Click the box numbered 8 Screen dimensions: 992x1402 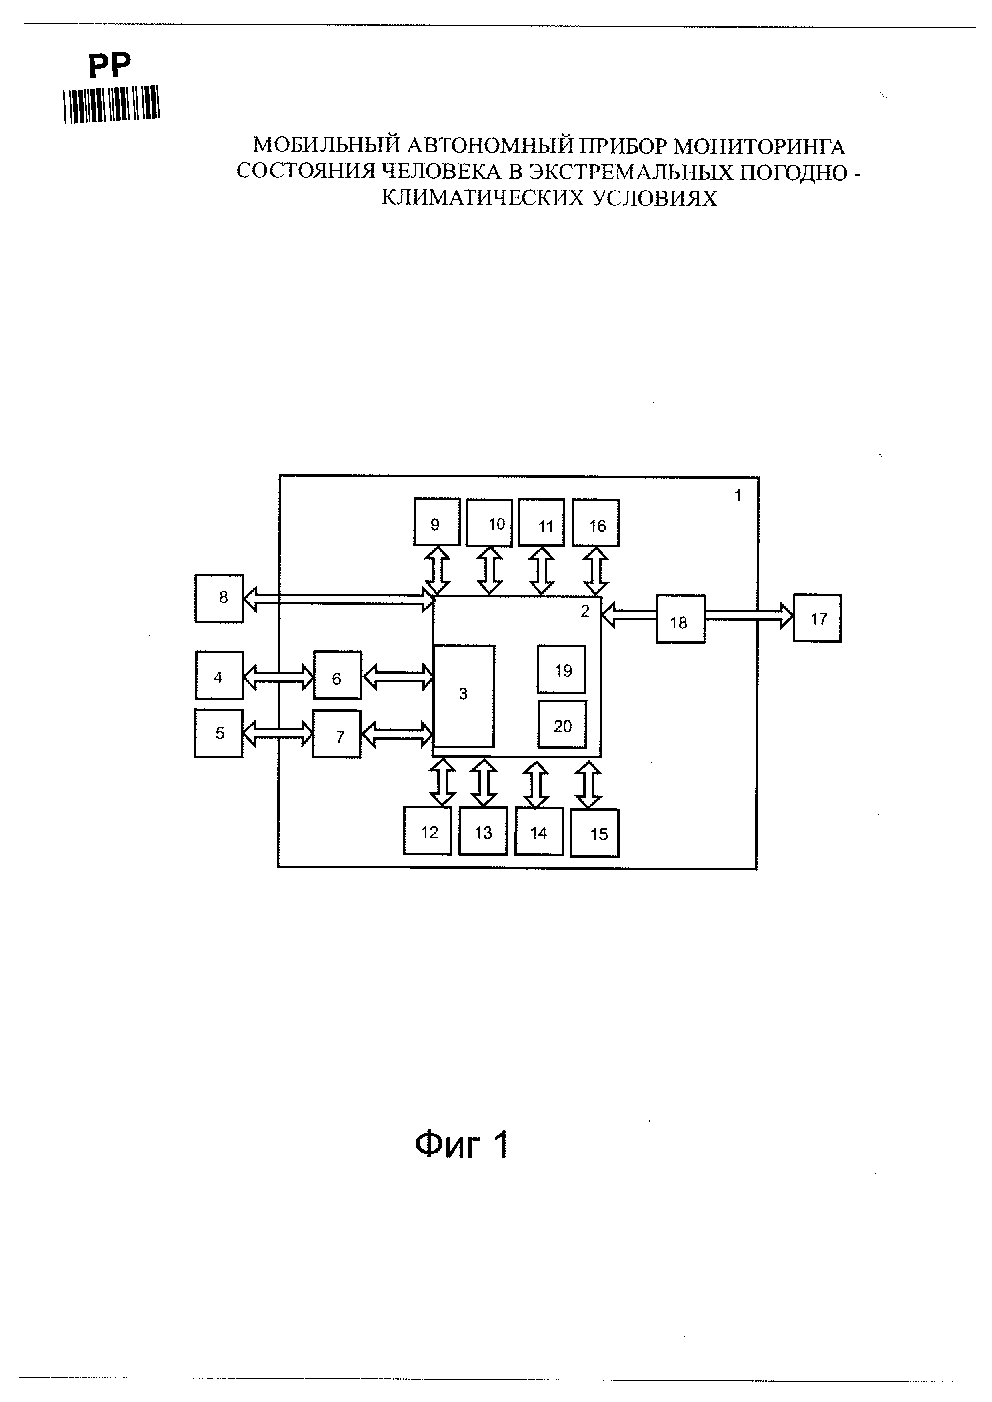219,598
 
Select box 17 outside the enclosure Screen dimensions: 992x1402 817,618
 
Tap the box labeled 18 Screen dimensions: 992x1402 680,619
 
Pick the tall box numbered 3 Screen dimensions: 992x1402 464,696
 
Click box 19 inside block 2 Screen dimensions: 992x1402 561,669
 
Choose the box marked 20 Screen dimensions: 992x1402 562,724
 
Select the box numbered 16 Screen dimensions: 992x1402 596,523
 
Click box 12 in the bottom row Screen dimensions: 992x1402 428,830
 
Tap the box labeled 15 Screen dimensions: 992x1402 594,833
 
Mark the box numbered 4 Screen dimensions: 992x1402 219,675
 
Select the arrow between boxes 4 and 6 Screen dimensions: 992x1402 278,676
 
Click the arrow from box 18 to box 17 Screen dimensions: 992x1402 750,616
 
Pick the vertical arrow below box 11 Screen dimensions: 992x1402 540,571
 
